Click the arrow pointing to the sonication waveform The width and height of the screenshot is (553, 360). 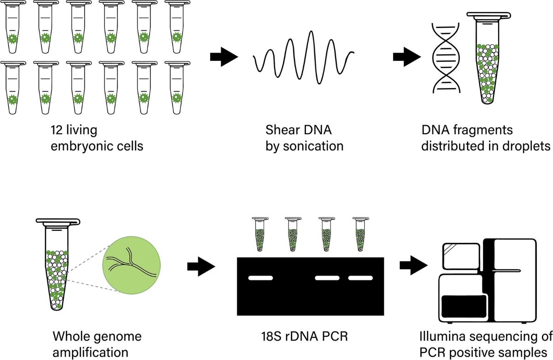(224, 57)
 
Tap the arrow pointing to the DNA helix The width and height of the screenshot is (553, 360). (406, 57)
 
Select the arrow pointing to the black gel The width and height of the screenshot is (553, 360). (201, 266)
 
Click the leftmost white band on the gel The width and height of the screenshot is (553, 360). (260, 277)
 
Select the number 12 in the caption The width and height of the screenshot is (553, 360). (58, 130)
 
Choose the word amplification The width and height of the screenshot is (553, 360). (91, 353)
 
